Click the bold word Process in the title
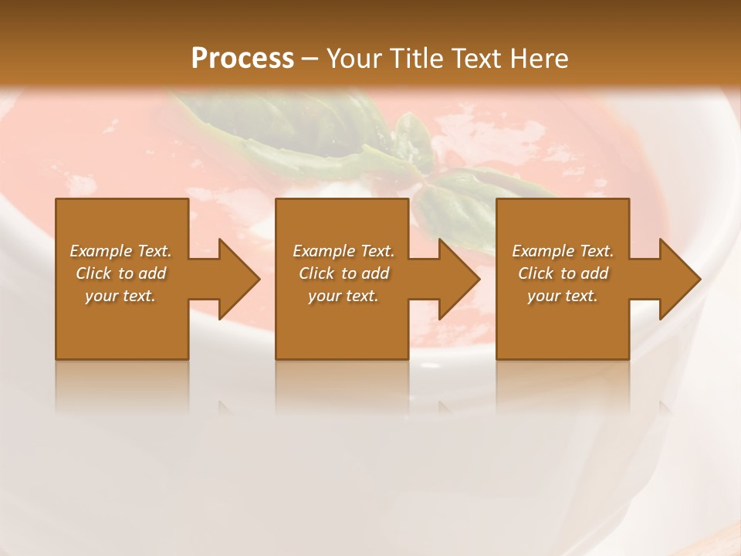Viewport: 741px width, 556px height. point(242,59)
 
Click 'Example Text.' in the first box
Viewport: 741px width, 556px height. point(120,251)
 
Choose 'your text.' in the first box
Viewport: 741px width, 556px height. point(120,296)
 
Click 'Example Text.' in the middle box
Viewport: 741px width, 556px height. point(343,251)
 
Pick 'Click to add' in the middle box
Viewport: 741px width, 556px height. point(343,273)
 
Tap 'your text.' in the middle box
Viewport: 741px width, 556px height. point(343,296)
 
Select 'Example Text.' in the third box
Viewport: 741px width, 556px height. point(563,251)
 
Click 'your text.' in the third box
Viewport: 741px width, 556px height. point(563,296)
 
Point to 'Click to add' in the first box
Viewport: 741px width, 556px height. point(120,273)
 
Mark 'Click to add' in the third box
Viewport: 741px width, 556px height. point(563,273)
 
